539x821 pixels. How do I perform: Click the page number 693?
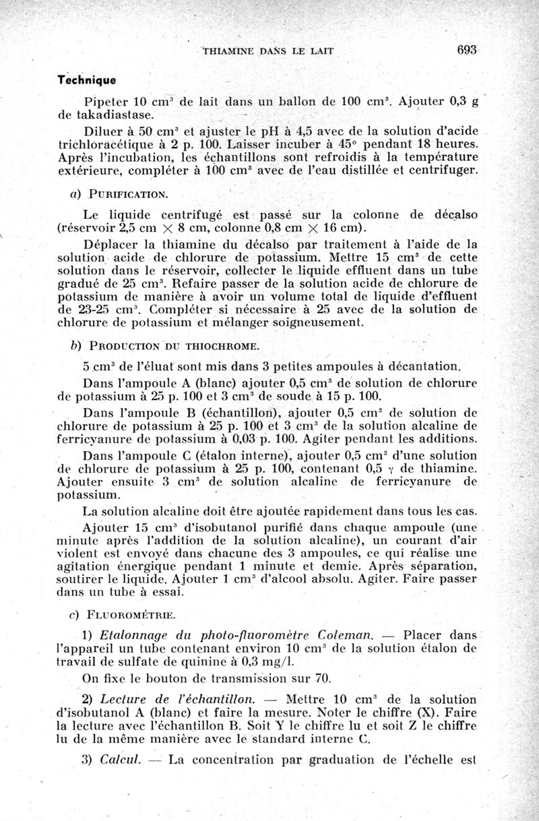(466, 50)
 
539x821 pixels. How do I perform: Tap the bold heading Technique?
(87, 79)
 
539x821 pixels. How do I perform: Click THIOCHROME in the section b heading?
(222, 347)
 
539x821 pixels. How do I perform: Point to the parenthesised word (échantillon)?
(232, 413)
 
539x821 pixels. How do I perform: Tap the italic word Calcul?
(119, 760)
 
